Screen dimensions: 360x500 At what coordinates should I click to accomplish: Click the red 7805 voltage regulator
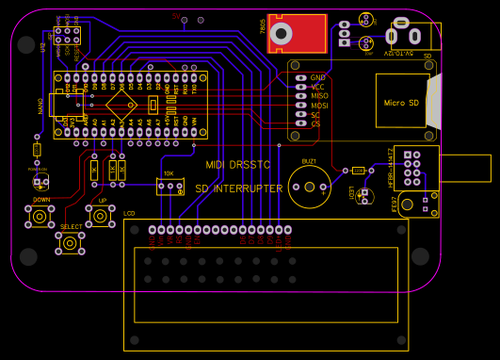coord(297,33)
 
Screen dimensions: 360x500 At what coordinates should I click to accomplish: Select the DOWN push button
coord(40,217)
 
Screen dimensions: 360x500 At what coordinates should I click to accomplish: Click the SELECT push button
coord(70,243)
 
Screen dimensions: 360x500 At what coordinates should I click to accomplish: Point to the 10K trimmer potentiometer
coord(170,187)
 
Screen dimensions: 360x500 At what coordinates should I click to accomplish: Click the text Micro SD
coord(401,102)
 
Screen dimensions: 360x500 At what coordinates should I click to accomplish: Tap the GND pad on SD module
coord(300,77)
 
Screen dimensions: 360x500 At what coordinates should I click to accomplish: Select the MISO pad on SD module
coord(300,96)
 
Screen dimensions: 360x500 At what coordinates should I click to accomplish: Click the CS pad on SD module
coord(300,124)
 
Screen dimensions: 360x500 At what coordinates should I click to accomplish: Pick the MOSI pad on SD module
coord(300,106)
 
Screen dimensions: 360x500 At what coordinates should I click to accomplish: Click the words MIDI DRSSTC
coord(236,165)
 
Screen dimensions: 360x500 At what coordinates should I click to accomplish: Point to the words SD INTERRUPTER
coord(239,188)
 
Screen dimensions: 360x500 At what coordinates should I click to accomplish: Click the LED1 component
coord(363,195)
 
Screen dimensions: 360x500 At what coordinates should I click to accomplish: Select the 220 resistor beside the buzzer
coord(358,171)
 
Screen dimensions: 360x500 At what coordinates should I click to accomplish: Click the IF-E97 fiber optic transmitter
coord(416,204)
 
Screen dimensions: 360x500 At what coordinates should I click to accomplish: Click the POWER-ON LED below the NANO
coord(40,182)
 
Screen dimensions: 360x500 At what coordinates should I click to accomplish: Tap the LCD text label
coord(129,214)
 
